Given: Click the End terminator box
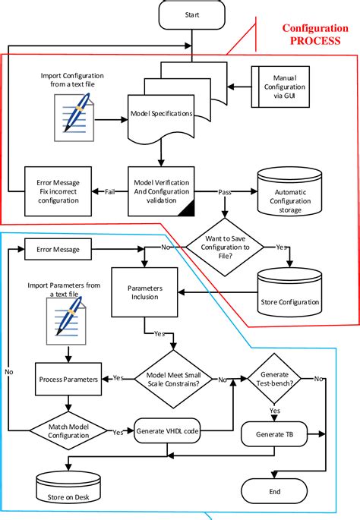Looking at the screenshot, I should coord(274,492).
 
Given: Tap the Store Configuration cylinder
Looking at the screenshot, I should coord(289,295).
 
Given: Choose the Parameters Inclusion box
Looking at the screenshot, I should coord(144,292).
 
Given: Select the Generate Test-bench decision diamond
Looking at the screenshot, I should coord(275,377).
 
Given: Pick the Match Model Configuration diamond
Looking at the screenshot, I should coord(68,430).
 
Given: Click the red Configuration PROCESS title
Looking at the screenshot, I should coord(311,34).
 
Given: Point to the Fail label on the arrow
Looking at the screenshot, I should coord(109,191).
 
